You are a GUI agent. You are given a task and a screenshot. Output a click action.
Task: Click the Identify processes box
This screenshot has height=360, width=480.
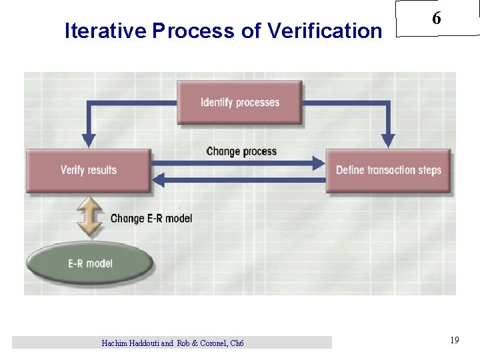(x=239, y=102)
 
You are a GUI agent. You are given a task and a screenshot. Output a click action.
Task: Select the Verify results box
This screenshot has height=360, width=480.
(x=88, y=170)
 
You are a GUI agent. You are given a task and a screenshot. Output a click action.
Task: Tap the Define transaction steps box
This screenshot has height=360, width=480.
(x=388, y=170)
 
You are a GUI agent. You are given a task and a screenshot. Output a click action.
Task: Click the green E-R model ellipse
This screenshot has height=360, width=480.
(x=90, y=263)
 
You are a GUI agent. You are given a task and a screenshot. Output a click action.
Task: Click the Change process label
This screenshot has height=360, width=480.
(x=241, y=151)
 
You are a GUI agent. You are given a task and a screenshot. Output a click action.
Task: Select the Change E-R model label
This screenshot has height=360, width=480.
(x=151, y=218)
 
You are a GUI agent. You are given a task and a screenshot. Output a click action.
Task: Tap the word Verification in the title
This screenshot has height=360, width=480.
(x=325, y=31)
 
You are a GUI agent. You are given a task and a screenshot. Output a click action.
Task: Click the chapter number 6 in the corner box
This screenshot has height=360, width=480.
(x=436, y=19)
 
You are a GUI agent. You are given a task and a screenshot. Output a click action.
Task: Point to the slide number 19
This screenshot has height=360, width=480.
(x=454, y=341)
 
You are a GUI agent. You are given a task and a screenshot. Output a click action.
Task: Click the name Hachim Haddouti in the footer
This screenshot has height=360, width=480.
(x=131, y=343)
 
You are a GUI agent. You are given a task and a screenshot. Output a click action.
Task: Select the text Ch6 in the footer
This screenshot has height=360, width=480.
(x=237, y=343)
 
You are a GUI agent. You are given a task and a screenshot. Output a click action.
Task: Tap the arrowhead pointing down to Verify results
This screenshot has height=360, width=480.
(x=88, y=141)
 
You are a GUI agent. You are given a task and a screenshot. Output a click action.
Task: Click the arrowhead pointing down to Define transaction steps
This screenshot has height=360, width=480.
(x=388, y=141)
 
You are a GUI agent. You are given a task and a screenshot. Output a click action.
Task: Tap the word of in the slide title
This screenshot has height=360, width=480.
(x=251, y=31)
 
